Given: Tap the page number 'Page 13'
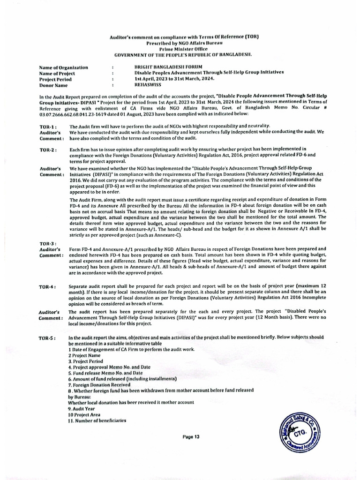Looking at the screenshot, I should pos(191,436).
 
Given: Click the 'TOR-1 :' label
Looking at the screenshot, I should pos(48,127).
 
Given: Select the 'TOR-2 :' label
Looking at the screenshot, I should pos(48,150).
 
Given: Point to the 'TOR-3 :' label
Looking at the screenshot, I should pos(48,243).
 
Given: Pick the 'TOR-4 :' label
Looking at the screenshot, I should pos(48,286).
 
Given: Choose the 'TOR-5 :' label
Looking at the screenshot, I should pos(48,338).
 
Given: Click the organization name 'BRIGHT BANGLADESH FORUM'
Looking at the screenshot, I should pos(168,67).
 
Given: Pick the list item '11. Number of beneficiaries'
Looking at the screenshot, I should pos(97,420).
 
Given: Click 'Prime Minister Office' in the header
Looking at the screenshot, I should pos(180,48).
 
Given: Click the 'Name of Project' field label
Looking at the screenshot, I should pos(57,74).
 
